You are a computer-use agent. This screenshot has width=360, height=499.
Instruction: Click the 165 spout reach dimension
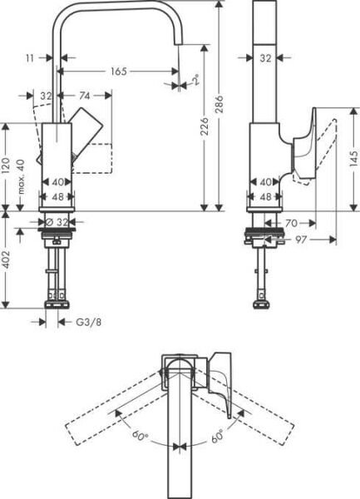(118, 72)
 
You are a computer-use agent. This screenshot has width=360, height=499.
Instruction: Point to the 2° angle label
(195, 81)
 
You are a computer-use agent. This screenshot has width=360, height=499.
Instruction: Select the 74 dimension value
(84, 96)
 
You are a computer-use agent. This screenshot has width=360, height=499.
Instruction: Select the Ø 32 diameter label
(57, 222)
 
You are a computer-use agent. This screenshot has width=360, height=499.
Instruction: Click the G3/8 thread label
(79, 321)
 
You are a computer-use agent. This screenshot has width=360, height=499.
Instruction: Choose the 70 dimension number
(292, 222)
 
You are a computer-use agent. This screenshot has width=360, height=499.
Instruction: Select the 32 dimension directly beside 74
(46, 96)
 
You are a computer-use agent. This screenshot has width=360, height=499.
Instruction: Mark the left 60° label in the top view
(138, 432)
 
